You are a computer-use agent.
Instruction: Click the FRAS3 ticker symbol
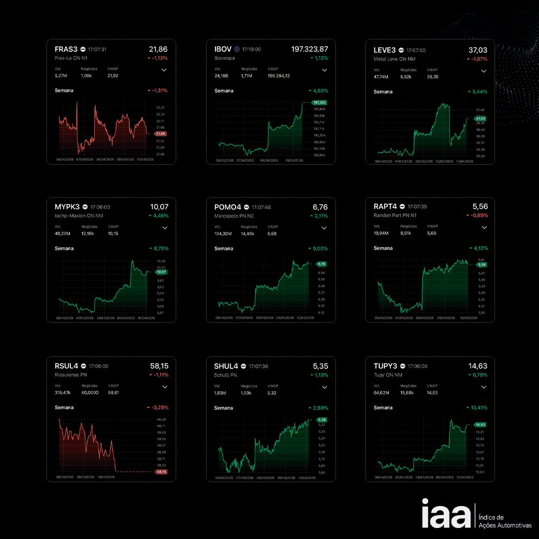coord(66,49)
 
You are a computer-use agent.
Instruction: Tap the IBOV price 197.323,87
coord(309,49)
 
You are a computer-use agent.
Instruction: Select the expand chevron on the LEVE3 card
coord(483,71)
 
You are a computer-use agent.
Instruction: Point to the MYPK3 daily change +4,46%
coord(159,216)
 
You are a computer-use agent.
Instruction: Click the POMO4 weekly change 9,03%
coord(318,249)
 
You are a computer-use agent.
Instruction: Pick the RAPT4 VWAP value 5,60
coord(432,233)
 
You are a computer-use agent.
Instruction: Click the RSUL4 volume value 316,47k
coord(62,393)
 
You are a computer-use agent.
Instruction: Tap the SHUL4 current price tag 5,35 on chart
coord(321,420)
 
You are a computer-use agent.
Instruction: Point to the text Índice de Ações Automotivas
coord(505,521)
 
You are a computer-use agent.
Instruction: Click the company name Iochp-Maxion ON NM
coord(78,216)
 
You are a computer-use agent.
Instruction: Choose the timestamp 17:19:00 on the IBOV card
coord(252,49)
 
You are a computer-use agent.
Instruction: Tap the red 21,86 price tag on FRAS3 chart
coord(161,134)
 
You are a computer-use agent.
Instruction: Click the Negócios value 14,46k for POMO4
coord(248,234)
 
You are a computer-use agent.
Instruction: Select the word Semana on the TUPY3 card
coord(383,408)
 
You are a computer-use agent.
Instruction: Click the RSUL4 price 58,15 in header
coord(159,366)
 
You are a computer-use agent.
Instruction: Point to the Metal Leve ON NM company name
coord(394,59)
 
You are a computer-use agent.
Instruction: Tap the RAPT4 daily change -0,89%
coord(478,216)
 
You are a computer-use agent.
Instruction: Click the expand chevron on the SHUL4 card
coord(324,387)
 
